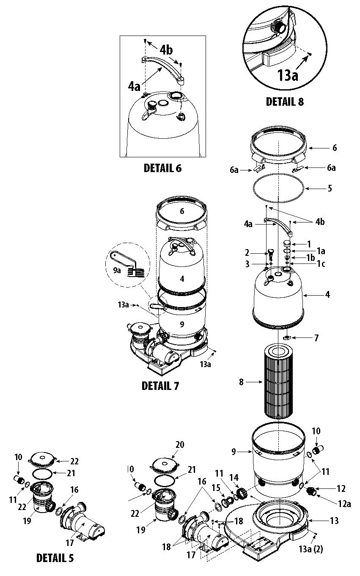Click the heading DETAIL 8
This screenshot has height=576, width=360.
point(285,101)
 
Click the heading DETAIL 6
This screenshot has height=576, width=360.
point(162,168)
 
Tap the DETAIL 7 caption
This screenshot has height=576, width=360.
point(160,386)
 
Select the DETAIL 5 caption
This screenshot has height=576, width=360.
point(55,558)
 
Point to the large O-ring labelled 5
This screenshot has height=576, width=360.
point(278,188)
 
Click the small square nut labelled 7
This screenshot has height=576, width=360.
point(286,337)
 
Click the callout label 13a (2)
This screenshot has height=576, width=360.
point(311,549)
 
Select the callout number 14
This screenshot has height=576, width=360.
point(234,477)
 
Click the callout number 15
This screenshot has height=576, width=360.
point(216,488)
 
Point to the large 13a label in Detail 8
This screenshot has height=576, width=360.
point(288,75)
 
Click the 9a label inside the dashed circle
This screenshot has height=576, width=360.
point(117,270)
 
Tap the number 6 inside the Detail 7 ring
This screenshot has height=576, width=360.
point(182,211)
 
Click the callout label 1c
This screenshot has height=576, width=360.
point(321,264)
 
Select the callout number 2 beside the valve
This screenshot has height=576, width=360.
point(247,253)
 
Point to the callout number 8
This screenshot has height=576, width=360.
point(241,382)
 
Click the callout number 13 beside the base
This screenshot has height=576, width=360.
point(334,521)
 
